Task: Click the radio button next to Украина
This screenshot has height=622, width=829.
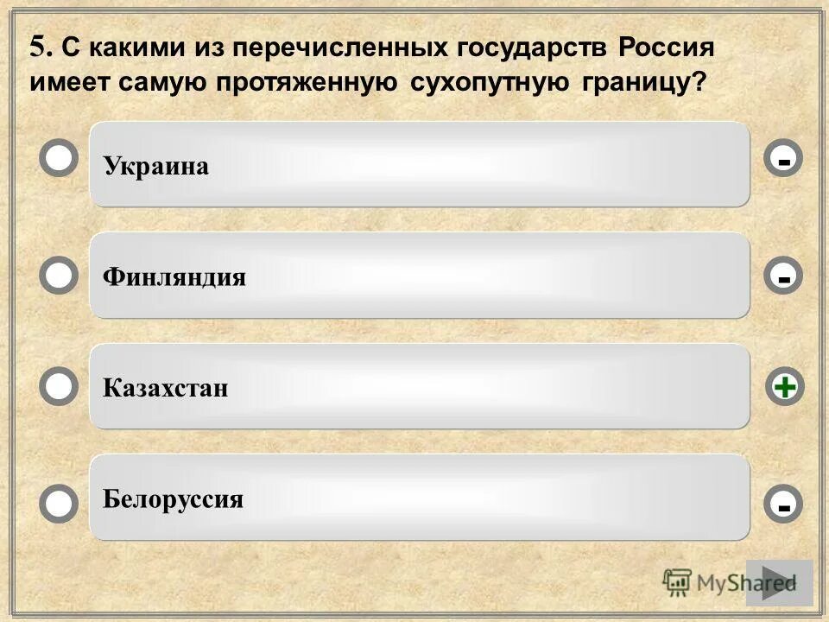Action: [x=59, y=159]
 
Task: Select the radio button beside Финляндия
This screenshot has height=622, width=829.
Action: [x=59, y=276]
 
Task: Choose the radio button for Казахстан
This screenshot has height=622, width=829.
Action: [x=59, y=387]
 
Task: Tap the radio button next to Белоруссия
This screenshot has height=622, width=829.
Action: [x=59, y=504]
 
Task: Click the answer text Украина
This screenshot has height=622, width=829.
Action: [x=156, y=166]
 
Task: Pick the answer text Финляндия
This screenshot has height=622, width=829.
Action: [x=174, y=277]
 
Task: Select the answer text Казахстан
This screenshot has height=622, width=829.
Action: [x=166, y=388]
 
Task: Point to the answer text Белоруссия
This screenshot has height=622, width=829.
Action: [x=173, y=499]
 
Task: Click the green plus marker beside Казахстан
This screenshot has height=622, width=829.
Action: [x=784, y=387]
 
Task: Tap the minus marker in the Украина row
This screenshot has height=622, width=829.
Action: [x=783, y=159]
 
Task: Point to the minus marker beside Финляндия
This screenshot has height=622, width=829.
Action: [x=783, y=276]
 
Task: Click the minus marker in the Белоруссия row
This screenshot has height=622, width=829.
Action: [x=783, y=505]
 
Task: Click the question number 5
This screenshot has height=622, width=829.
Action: [x=38, y=48]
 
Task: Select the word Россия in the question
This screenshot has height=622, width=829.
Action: [x=666, y=48]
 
